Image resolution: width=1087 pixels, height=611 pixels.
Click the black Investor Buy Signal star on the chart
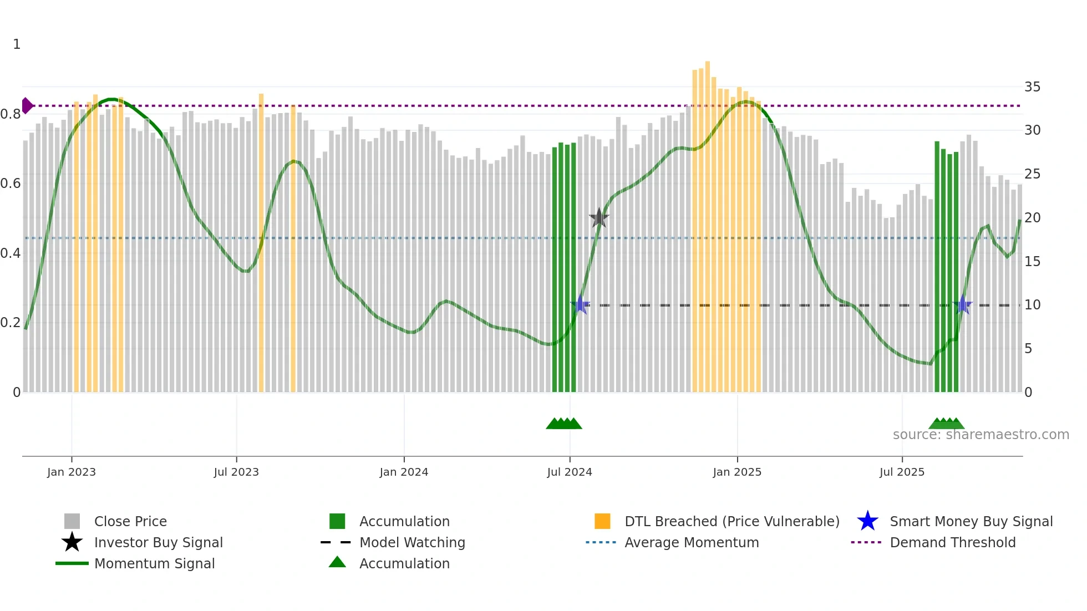click(x=599, y=218)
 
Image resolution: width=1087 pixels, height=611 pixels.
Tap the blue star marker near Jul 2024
click(x=580, y=305)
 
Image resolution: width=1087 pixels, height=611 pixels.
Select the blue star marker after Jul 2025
click(x=963, y=305)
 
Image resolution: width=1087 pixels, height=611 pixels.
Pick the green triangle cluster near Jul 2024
click(x=564, y=424)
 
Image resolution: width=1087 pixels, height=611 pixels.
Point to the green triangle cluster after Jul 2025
click(x=947, y=424)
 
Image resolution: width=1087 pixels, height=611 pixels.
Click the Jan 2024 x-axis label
click(x=404, y=472)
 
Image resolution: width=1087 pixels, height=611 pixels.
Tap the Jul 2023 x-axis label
click(x=236, y=472)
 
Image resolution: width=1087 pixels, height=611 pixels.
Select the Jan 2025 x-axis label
click(x=737, y=472)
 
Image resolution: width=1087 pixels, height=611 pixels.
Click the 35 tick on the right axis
click(x=1032, y=87)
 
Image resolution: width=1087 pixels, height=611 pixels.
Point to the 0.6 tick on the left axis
click(x=10, y=184)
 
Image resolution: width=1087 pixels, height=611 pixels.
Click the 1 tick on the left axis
click(x=17, y=44)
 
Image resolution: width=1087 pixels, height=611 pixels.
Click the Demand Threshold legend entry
click(x=952, y=542)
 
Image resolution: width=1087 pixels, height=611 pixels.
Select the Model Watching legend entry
click(x=412, y=542)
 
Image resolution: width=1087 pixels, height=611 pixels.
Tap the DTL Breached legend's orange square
click(x=602, y=521)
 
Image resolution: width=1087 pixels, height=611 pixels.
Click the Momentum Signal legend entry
click(x=154, y=563)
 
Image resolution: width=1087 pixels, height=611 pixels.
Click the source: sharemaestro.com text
click(x=981, y=435)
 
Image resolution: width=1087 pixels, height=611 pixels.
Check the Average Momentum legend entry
click(x=691, y=542)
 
